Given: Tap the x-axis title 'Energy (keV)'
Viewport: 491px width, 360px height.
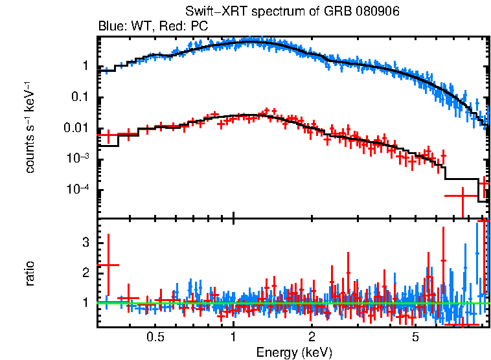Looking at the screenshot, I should (293, 353).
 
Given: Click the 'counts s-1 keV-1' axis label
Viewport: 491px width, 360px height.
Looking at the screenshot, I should (30, 127).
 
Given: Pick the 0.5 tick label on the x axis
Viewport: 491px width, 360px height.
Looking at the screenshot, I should (155, 337).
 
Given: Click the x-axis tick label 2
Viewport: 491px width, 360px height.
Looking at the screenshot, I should (312, 337).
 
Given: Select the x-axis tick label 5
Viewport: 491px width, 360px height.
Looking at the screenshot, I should (415, 337).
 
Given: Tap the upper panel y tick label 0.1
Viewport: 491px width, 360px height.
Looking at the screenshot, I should (80, 97).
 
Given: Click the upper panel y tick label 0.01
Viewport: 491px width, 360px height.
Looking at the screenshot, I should (76, 128).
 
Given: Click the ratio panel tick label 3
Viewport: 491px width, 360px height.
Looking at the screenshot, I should (84, 242).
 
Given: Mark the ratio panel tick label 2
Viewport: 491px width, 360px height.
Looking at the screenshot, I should (84, 272).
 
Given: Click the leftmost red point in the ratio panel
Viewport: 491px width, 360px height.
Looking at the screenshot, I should (108, 265).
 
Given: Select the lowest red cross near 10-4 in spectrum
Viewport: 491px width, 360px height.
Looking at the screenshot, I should (462, 195).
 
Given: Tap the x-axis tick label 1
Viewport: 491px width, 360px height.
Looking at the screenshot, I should (233, 337).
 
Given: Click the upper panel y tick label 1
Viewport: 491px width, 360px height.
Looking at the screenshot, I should (84, 66).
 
